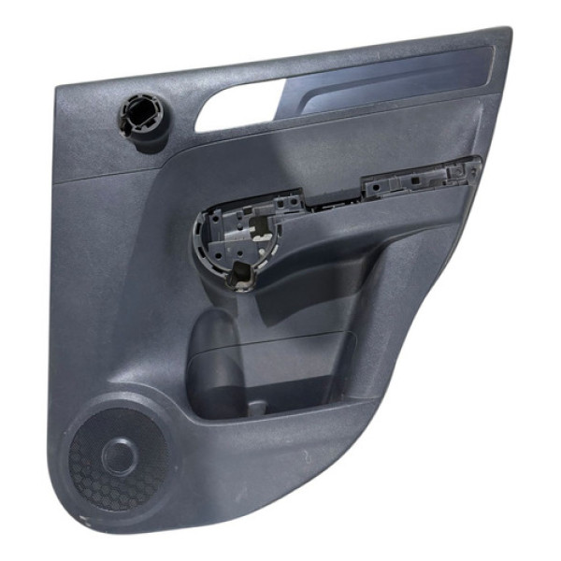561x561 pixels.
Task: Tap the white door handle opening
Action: [x=238, y=104]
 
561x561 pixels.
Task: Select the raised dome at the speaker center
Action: [x=120, y=455]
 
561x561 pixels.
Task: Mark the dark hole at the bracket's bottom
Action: [x=243, y=275]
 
